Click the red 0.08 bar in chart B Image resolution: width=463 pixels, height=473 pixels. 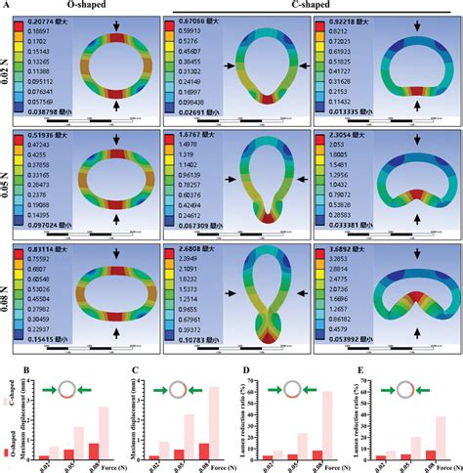click(x=94, y=451)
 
